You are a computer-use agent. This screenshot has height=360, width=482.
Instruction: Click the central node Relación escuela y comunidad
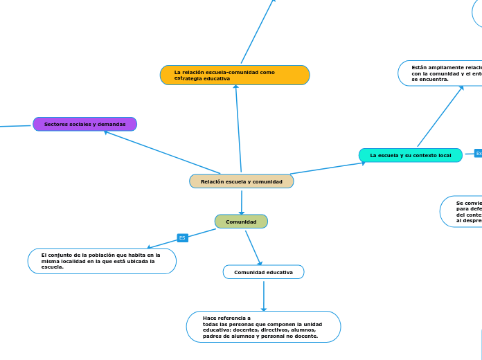click(242, 181)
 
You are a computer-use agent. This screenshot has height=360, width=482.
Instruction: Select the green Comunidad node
click(241, 222)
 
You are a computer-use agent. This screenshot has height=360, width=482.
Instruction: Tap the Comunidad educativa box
click(263, 272)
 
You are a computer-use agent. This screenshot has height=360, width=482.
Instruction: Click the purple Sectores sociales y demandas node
click(84, 124)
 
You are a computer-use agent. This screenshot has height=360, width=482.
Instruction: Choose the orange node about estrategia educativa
click(235, 75)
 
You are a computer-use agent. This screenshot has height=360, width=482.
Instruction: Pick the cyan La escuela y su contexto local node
click(410, 155)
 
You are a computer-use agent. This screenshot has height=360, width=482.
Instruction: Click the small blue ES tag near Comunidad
click(182, 237)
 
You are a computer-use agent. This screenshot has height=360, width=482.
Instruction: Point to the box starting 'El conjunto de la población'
click(102, 261)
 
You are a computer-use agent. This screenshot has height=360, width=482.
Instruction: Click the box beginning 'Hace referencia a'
click(263, 327)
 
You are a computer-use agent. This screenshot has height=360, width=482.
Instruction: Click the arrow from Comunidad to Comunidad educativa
click(253, 248)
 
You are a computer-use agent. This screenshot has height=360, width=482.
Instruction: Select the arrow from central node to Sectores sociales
click(163, 152)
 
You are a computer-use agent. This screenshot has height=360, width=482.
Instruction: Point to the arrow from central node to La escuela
click(327, 168)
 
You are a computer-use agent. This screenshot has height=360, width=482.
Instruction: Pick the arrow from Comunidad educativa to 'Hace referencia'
click(264, 296)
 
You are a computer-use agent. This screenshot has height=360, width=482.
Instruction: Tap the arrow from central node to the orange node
click(238, 128)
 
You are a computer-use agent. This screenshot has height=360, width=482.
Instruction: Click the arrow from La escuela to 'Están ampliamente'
click(440, 116)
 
